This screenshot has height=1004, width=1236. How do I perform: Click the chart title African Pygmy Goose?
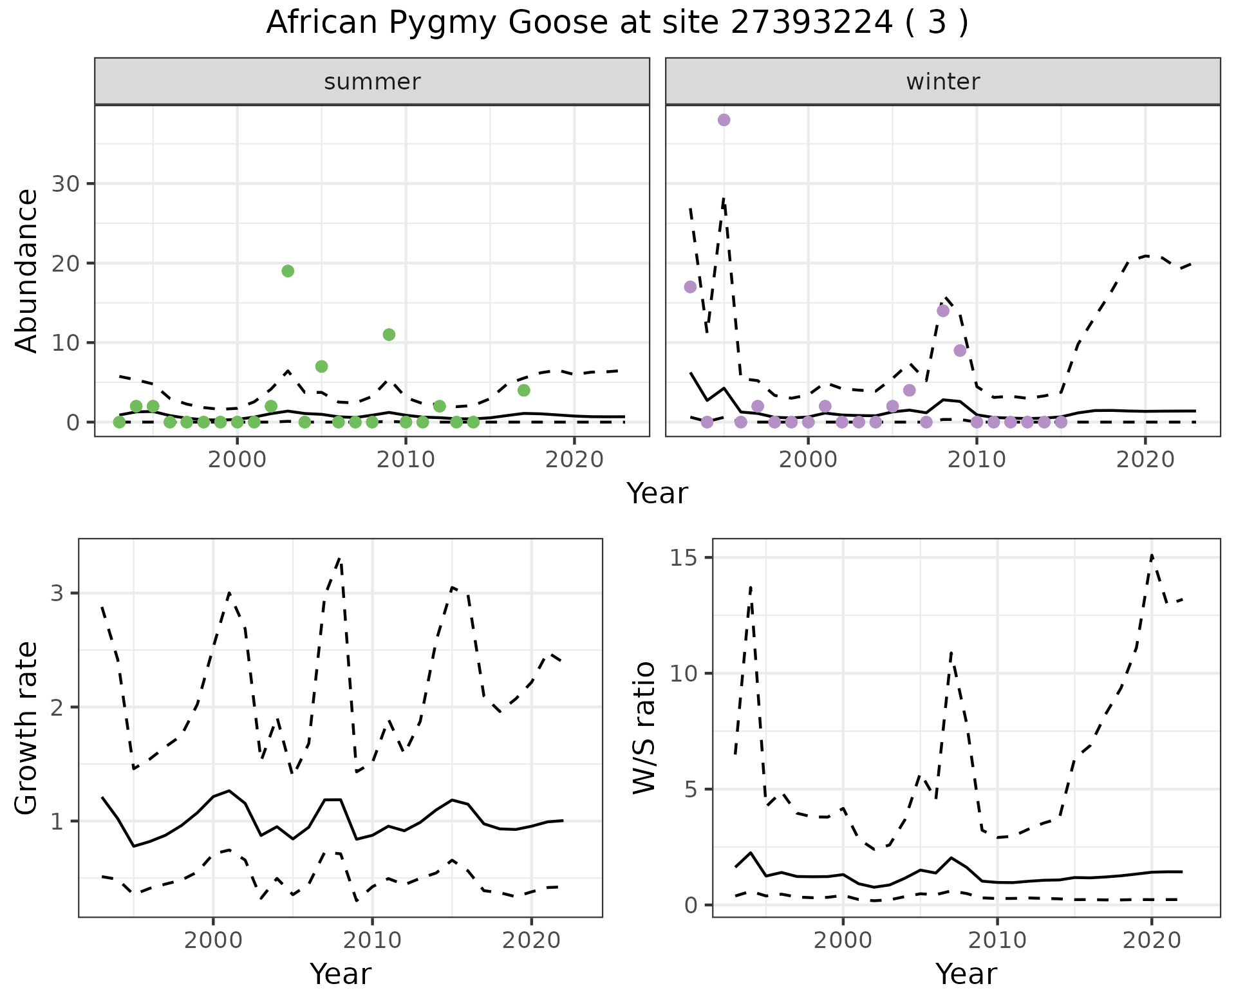pyautogui.click(x=617, y=23)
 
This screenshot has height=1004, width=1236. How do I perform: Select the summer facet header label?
pyautogui.click(x=372, y=82)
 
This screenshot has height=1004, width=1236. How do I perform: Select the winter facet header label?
pyautogui.click(x=942, y=82)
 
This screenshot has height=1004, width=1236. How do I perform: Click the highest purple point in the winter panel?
pyautogui.click(x=724, y=120)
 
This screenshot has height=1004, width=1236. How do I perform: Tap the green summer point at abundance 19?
pyautogui.click(x=288, y=271)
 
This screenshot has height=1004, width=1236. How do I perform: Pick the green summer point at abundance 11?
pyautogui.click(x=389, y=335)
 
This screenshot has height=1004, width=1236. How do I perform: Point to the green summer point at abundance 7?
pyautogui.click(x=322, y=366)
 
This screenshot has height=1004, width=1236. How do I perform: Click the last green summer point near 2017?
pyautogui.click(x=523, y=390)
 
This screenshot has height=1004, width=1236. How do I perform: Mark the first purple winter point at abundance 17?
pyautogui.click(x=690, y=287)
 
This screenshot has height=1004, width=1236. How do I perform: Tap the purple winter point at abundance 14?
pyautogui.click(x=943, y=311)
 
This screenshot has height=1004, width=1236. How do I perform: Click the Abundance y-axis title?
pyautogui.click(x=27, y=271)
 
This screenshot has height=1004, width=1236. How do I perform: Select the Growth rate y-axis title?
pyautogui.click(x=27, y=729)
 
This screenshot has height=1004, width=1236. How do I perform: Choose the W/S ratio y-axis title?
pyautogui.click(x=644, y=729)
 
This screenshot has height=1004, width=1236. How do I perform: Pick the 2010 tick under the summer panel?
pyautogui.click(x=406, y=460)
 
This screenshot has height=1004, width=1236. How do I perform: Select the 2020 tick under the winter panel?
pyautogui.click(x=1145, y=460)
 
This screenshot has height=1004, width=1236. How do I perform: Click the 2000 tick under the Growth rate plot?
pyautogui.click(x=213, y=940)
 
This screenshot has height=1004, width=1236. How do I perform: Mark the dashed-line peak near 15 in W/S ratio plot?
pyautogui.click(x=1152, y=555)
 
